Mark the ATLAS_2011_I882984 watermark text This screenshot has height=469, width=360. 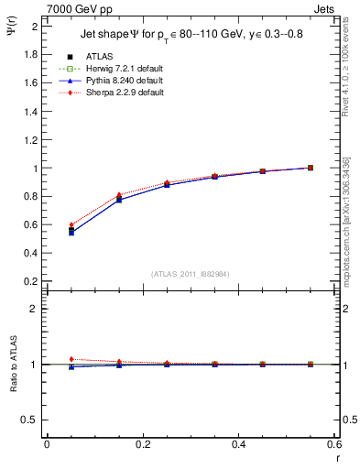[x=190, y=274]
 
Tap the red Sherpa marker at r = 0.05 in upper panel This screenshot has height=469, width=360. [x=71, y=224]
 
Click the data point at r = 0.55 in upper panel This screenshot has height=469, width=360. [x=311, y=168]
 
